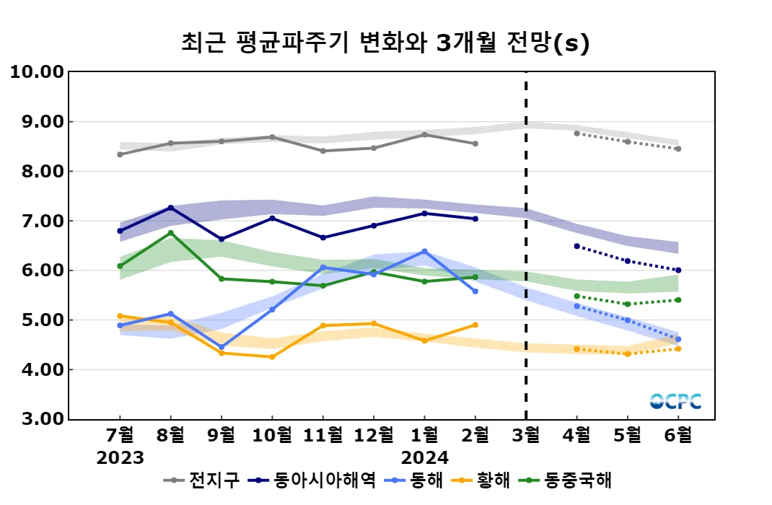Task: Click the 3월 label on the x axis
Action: pos(525,436)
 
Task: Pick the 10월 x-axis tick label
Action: pos(272,436)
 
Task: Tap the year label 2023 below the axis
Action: pos(120,458)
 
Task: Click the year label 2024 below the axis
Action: pos(424,458)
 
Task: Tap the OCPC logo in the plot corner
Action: pos(675,401)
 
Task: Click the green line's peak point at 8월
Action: pos(171,232)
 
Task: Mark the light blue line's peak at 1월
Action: pos(424,252)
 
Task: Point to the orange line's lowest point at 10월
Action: pos(272,357)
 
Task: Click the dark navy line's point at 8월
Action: pos(171,208)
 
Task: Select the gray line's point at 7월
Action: pos(120,154)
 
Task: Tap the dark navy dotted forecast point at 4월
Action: pos(576,246)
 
